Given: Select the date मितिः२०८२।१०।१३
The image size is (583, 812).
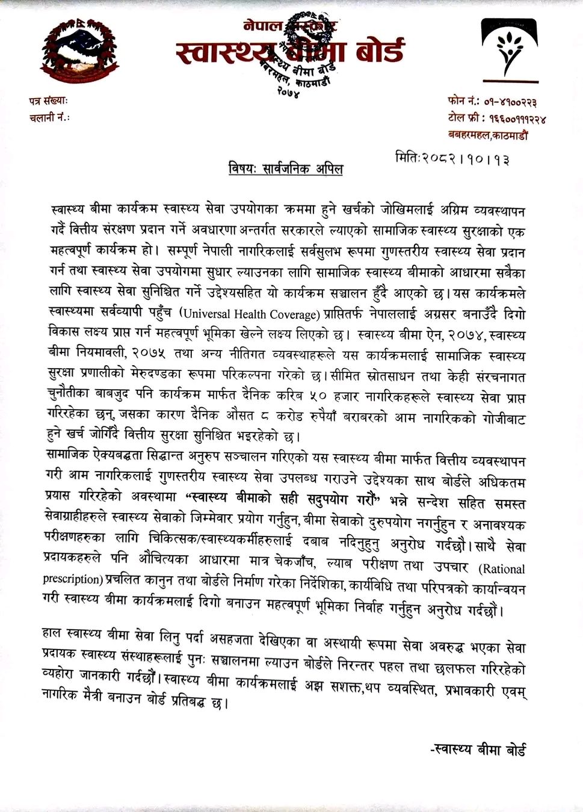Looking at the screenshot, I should coord(452,160).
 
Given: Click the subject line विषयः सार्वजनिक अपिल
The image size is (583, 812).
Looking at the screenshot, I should coord(286,169).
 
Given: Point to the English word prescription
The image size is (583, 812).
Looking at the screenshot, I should coord(70,580).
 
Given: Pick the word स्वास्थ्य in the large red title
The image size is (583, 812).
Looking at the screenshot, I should coord(227,52).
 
